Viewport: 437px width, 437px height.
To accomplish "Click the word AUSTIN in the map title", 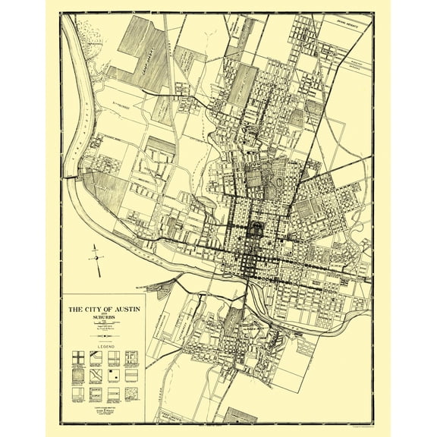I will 123,309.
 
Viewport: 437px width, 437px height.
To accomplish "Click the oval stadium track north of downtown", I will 285,184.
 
